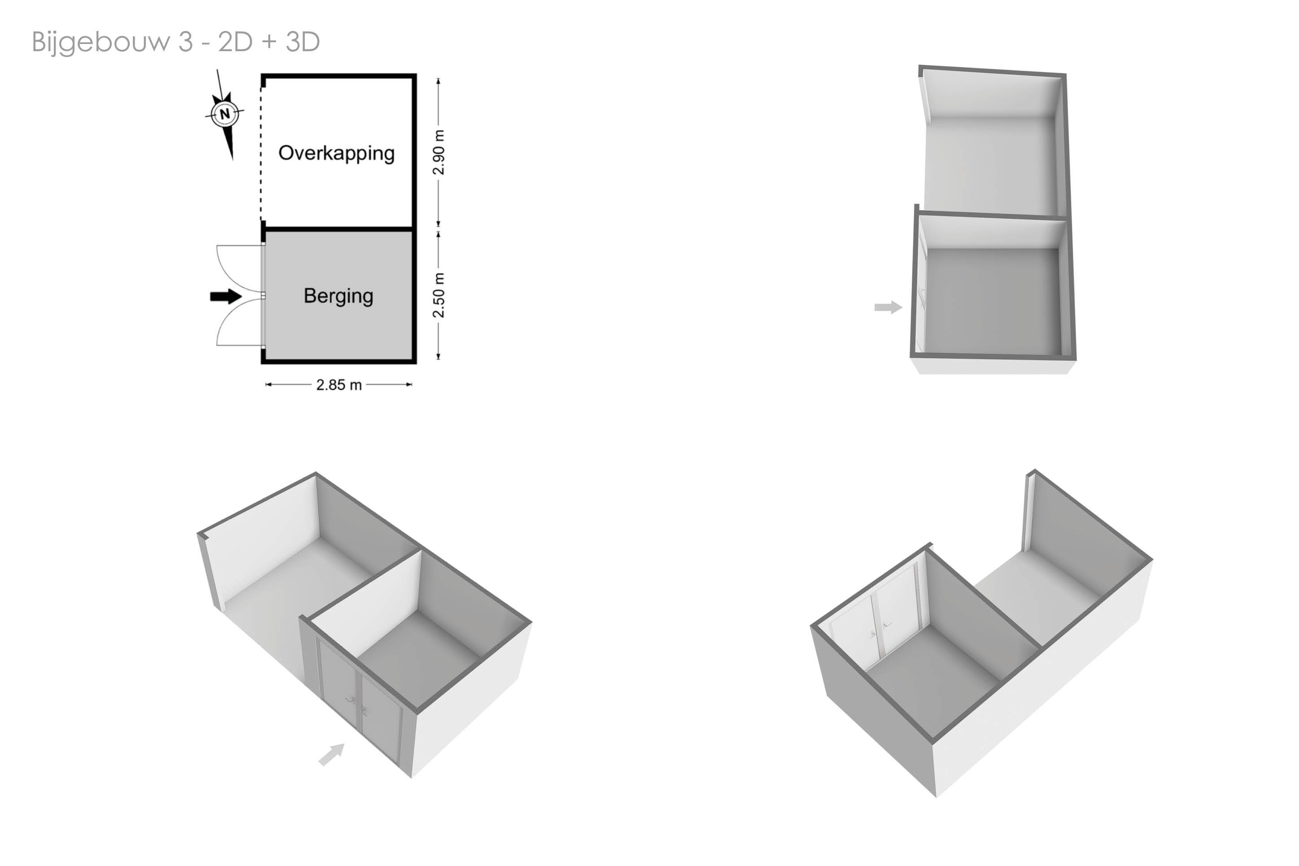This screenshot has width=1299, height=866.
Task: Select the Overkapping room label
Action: pyautogui.click(x=336, y=154)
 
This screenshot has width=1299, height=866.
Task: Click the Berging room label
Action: pyautogui.click(x=338, y=296)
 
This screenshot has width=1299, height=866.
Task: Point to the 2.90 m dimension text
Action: pyautogui.click(x=439, y=153)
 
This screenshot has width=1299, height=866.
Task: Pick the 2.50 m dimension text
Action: pyautogui.click(x=439, y=295)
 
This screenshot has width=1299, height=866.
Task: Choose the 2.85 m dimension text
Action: pyautogui.click(x=339, y=385)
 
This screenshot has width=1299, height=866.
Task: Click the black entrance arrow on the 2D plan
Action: pyautogui.click(x=226, y=297)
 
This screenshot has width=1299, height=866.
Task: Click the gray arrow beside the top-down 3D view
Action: pyautogui.click(x=888, y=307)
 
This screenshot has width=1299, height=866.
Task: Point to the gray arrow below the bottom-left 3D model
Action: pyautogui.click(x=332, y=754)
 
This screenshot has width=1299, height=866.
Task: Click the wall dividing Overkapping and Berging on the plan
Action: pyautogui.click(x=338, y=228)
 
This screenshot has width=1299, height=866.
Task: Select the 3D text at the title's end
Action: pyautogui.click(x=303, y=41)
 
